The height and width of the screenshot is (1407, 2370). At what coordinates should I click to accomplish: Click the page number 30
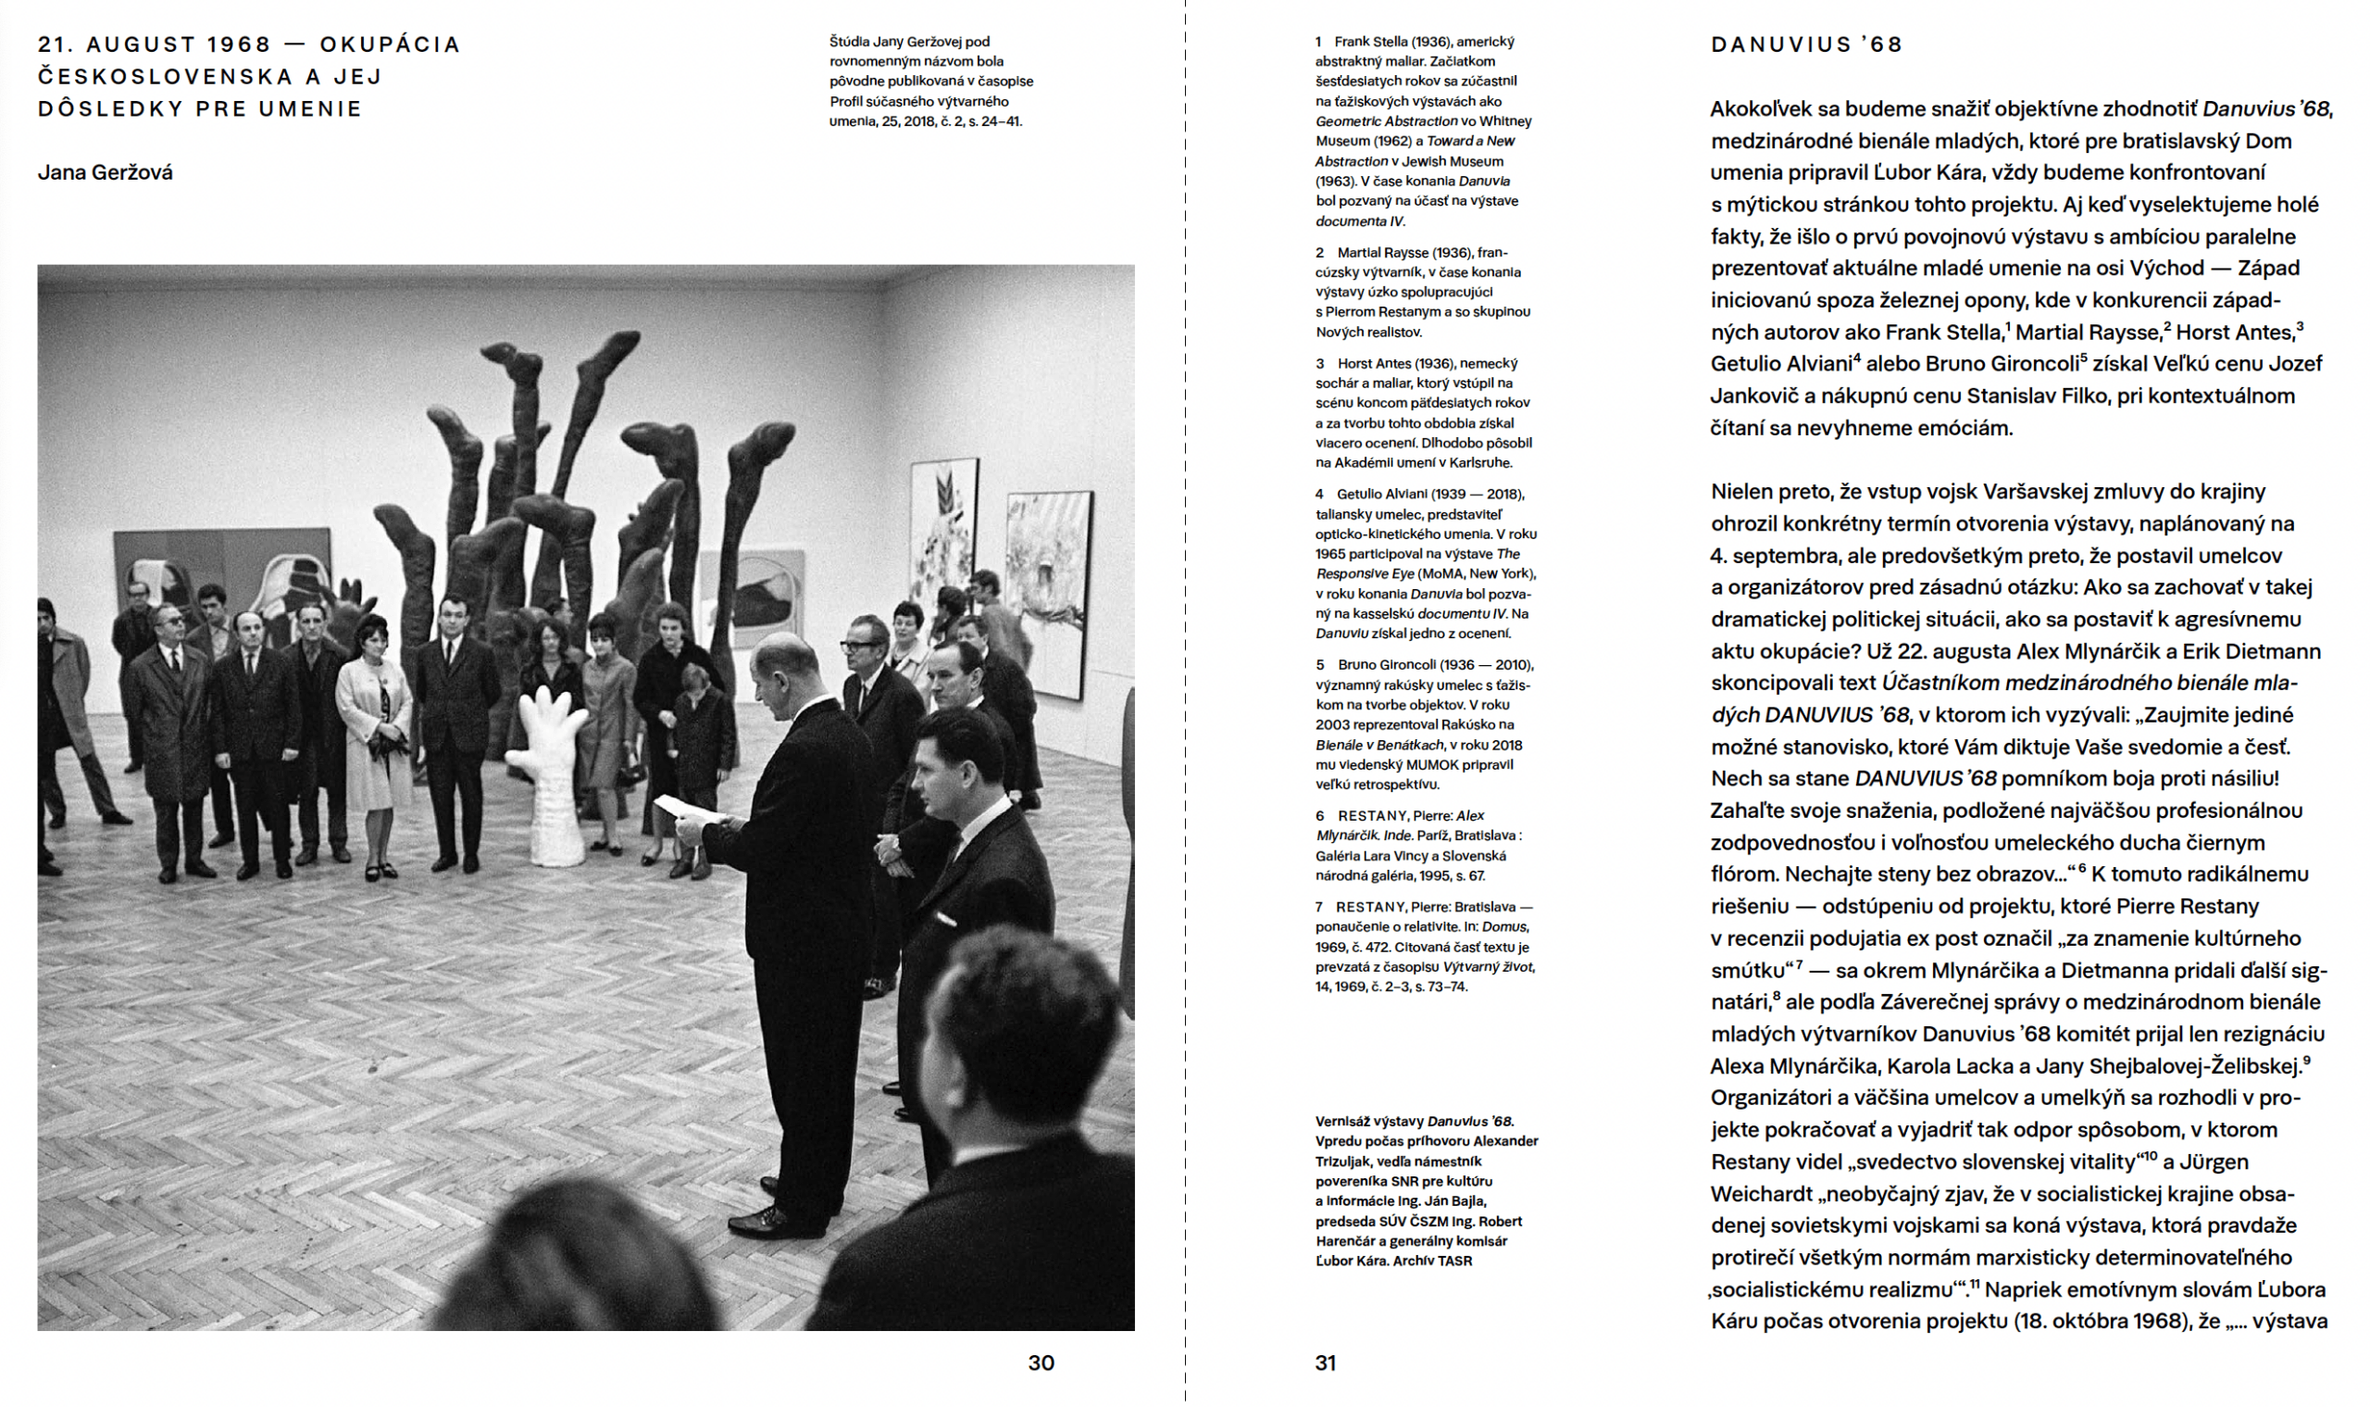point(1041,1363)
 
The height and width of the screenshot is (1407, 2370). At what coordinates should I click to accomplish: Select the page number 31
point(1325,1363)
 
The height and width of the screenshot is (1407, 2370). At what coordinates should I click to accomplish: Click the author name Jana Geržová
point(106,172)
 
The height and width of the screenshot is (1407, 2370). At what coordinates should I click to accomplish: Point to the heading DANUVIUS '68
point(1806,44)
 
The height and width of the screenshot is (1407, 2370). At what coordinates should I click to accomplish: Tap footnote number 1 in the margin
point(1318,42)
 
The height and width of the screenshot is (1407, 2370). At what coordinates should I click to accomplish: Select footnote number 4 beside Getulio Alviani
point(1319,494)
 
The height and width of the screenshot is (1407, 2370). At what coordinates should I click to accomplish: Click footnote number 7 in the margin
point(1319,908)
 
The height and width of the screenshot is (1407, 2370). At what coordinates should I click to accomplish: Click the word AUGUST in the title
point(142,44)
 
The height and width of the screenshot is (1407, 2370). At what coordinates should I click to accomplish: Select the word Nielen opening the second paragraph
point(1742,492)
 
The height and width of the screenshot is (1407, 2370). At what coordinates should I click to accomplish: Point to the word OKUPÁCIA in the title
point(390,44)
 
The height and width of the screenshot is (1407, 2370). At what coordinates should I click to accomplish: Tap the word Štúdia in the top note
point(849,42)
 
